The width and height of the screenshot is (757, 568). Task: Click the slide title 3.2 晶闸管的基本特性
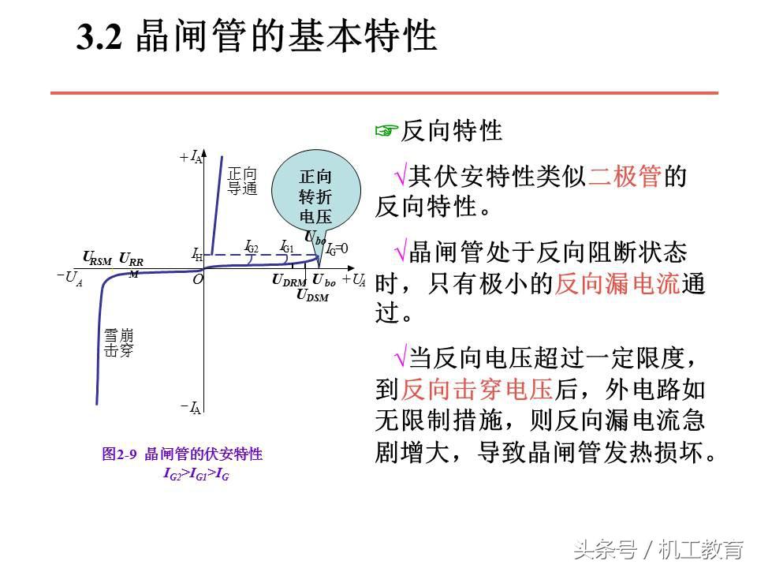[x=256, y=37]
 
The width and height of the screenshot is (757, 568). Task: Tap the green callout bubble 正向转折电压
[x=315, y=196]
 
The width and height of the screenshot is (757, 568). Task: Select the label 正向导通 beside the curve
[x=242, y=181]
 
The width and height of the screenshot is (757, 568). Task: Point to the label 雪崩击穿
[x=119, y=343]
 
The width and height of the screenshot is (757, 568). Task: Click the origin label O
[x=198, y=279]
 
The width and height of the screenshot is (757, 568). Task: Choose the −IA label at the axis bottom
[x=191, y=407]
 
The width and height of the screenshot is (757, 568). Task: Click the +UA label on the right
[x=353, y=279]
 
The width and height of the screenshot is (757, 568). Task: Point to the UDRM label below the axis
[x=289, y=280]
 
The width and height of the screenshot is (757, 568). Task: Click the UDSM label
[x=312, y=296]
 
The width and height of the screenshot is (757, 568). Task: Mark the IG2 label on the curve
[x=252, y=247]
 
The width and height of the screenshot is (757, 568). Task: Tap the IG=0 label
[x=337, y=248]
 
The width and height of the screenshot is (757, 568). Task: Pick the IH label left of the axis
[x=197, y=255]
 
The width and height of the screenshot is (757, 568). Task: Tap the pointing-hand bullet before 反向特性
[x=384, y=131]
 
